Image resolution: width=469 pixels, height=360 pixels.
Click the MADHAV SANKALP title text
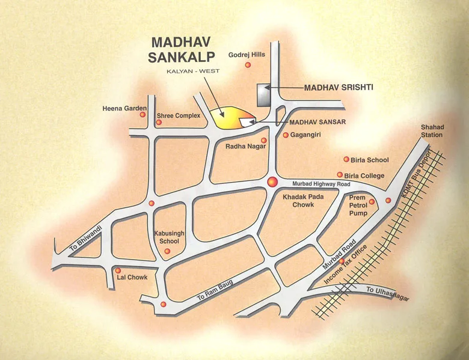pyautogui.click(x=179, y=50)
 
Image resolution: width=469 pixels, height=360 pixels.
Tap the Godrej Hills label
pyautogui.click(x=247, y=55)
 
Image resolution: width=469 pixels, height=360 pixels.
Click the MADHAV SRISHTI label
pyautogui.click(x=339, y=87)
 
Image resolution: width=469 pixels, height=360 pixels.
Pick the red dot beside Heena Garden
pyautogui.click(x=143, y=115)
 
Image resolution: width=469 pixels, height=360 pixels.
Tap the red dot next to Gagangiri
pyautogui.click(x=286, y=135)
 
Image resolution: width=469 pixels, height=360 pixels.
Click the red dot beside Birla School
pyautogui.click(x=346, y=159)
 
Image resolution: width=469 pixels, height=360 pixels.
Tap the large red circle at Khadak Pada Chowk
pyautogui.click(x=272, y=182)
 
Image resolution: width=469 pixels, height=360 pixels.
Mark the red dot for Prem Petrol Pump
pyautogui.click(x=372, y=202)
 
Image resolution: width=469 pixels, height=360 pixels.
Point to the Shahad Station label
pyautogui.click(x=432, y=130)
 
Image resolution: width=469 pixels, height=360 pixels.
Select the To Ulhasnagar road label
pyautogui.click(x=387, y=291)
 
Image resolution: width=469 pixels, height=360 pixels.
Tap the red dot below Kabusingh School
pyautogui.click(x=167, y=251)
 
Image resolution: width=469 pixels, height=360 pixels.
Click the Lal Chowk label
pyautogui.click(x=133, y=277)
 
